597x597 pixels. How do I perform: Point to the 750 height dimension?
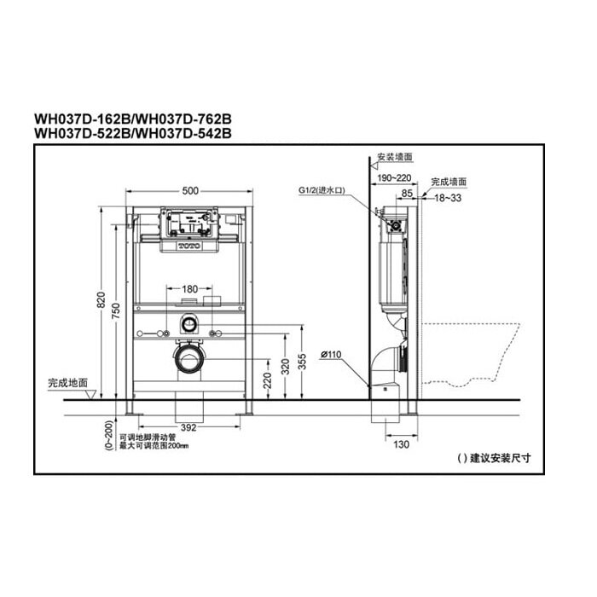117,313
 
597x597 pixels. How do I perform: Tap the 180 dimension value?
189,289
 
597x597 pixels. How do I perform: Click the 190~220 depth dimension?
391,177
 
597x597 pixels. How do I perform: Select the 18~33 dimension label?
449,197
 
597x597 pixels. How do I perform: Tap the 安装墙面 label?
395,157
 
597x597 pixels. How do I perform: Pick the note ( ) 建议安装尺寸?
493,457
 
